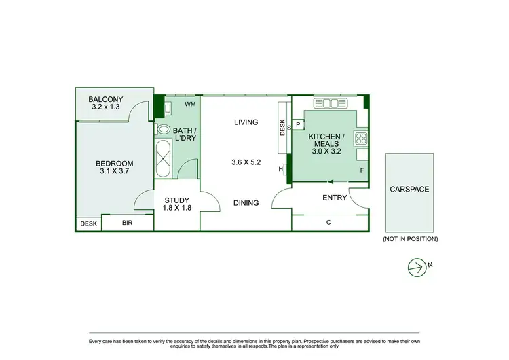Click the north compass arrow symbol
[416, 268]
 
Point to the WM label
[190, 104]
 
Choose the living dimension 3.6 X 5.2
[246, 163]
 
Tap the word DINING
[246, 203]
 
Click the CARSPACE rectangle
[409, 193]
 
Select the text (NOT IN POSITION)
[411, 239]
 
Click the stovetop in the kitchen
[360, 139]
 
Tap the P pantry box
[298, 125]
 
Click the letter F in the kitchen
[362, 170]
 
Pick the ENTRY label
[335, 198]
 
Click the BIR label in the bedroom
[128, 223]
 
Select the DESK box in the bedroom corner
[88, 223]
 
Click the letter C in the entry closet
[328, 223]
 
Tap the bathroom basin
[164, 128]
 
